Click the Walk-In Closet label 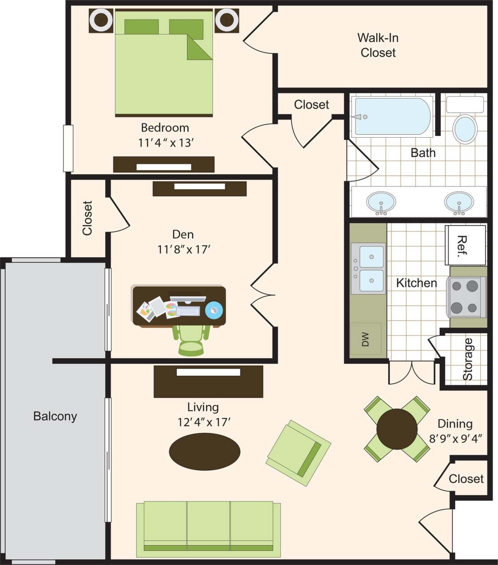coord(378,45)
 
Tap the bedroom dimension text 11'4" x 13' coord(166,143)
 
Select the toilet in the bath coord(465,128)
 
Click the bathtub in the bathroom coord(393,116)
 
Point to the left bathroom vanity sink coord(381,203)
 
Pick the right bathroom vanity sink coord(459,203)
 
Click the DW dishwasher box coord(366,339)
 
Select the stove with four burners coord(466,297)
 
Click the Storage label coord(468,359)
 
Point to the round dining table coord(397,429)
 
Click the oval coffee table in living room coord(205,451)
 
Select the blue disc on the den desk coord(214,310)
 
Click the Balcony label coord(55,416)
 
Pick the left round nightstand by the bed coord(101,20)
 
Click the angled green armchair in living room coord(299,453)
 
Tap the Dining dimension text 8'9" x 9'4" coord(455,439)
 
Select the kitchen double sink coord(368,269)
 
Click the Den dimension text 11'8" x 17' coord(183,249)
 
